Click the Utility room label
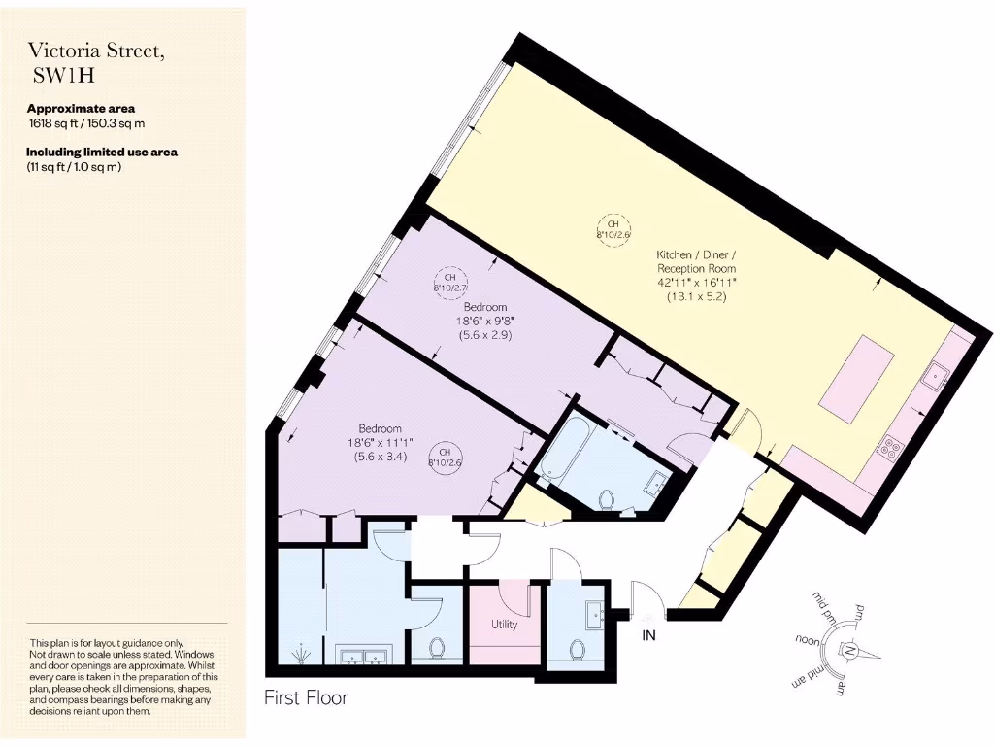pos(505,625)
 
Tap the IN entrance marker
pos(648,636)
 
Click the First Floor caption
pos(306,697)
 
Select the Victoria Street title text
pos(95,51)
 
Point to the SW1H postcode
pos(63,77)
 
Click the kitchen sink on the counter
pos(939,373)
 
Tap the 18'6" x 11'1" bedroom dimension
pos(380,443)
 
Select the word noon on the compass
pos(808,640)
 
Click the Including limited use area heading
pos(102,152)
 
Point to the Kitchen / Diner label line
pos(695,253)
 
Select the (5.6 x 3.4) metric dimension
pos(380,458)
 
